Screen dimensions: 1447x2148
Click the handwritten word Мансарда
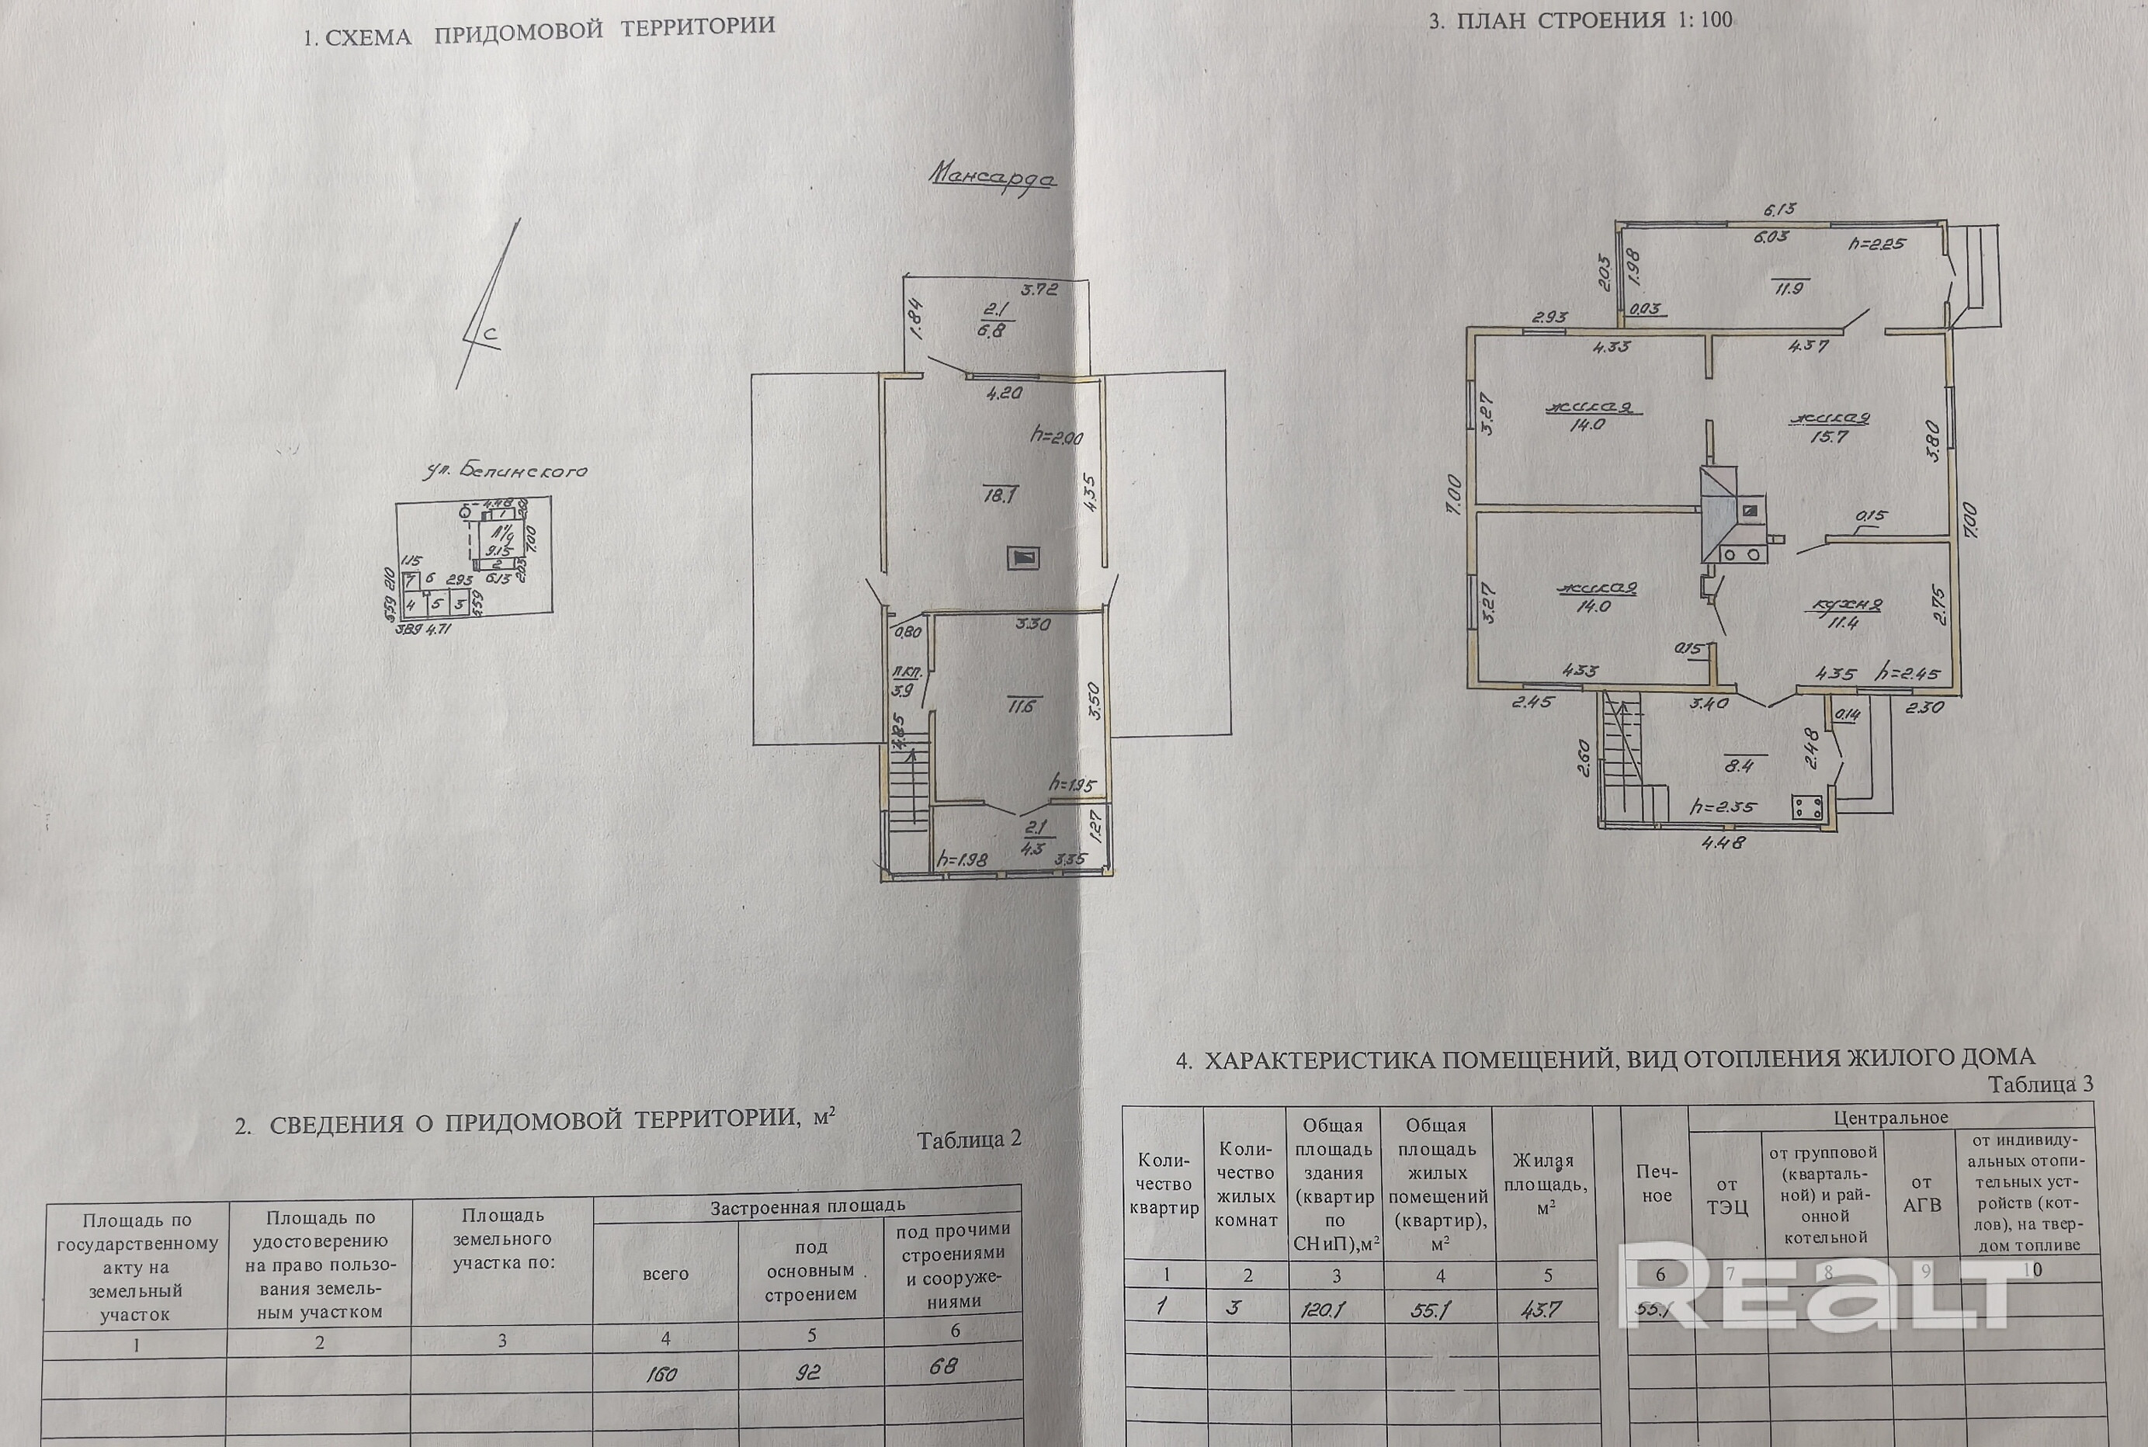click(x=992, y=175)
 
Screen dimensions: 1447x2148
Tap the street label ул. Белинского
click(x=505, y=471)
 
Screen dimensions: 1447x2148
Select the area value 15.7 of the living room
click(x=1829, y=436)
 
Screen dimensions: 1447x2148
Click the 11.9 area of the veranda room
click(x=1788, y=288)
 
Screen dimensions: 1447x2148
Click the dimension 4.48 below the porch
click(x=1723, y=842)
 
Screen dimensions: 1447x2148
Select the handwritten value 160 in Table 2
click(x=661, y=1374)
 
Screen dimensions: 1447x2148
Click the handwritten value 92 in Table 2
click(x=807, y=1372)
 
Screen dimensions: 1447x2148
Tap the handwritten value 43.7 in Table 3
click(x=1541, y=1310)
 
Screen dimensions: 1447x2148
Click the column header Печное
click(x=1657, y=1184)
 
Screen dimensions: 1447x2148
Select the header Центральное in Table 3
click(x=1890, y=1119)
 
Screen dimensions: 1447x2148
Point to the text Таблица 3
click(x=2040, y=1084)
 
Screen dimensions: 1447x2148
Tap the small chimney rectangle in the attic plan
click(x=1024, y=557)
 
